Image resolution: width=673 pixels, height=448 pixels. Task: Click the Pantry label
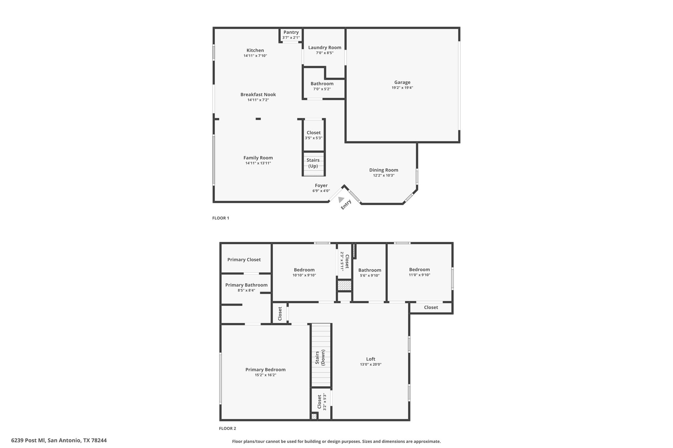pos(291,32)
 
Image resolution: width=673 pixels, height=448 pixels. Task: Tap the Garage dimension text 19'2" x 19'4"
pos(402,88)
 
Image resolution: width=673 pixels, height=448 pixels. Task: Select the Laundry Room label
pos(325,48)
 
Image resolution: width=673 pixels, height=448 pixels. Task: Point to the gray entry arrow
pos(341,200)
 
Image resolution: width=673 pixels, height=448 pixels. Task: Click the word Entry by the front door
pos(346,204)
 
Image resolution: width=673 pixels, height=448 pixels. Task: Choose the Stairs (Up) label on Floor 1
pos(313,163)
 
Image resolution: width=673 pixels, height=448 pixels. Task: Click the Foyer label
pos(321,185)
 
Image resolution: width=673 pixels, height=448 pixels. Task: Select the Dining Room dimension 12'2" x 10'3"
pos(383,175)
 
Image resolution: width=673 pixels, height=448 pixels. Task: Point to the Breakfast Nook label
pos(258,95)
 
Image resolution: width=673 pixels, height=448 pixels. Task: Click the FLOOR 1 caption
pos(220,218)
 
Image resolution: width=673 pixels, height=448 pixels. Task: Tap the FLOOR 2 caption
pos(227,428)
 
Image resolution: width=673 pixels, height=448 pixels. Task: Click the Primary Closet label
pos(244,260)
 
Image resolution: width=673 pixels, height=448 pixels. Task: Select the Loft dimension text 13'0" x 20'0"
pos(371,364)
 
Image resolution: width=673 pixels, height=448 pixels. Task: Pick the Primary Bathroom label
pos(246,285)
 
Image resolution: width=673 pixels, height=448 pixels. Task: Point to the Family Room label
pos(258,158)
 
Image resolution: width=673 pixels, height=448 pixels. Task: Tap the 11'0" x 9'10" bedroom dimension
pos(419,275)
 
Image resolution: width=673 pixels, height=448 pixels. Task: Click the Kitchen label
pos(255,50)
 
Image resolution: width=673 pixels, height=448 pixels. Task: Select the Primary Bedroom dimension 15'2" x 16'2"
pos(265,375)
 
